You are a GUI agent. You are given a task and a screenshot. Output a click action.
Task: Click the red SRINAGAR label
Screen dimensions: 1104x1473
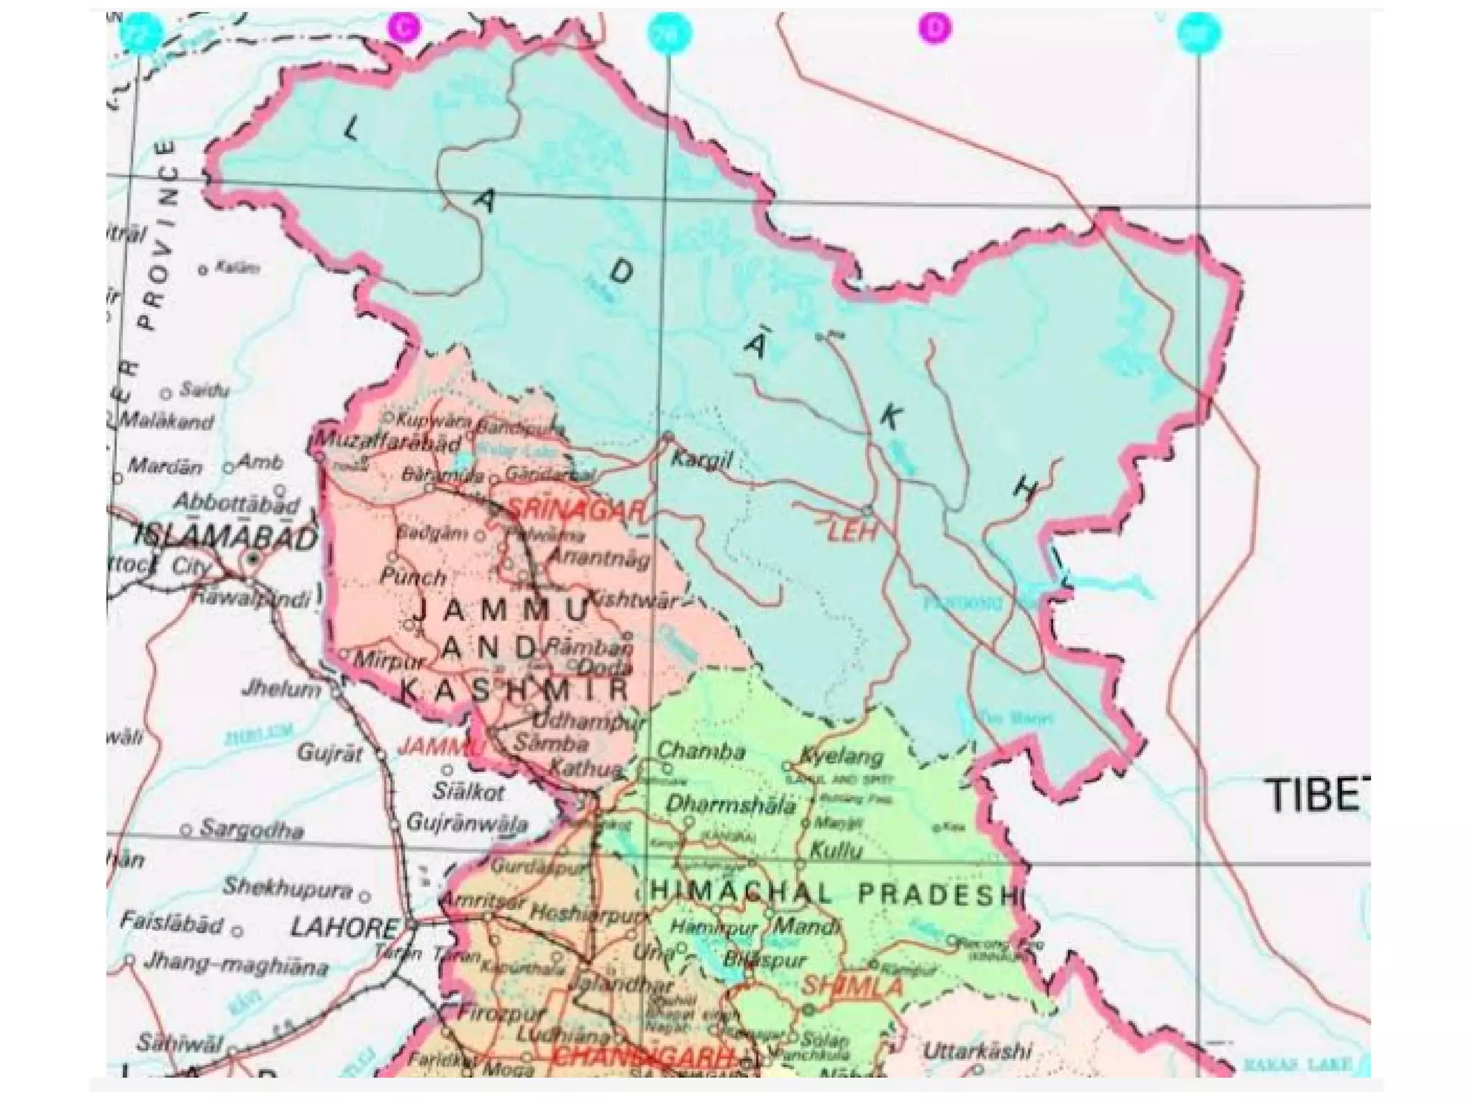click(x=575, y=511)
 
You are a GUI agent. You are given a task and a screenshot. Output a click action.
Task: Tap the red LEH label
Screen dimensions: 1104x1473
click(x=852, y=533)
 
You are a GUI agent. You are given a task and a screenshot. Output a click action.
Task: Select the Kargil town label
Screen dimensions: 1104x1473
click(x=701, y=460)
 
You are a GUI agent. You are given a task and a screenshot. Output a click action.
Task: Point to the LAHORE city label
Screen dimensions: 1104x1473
click(x=344, y=927)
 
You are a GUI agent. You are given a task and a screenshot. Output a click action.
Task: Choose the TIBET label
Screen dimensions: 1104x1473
click(x=1316, y=795)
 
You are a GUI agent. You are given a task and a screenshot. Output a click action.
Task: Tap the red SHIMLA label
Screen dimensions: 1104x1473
click(x=852, y=986)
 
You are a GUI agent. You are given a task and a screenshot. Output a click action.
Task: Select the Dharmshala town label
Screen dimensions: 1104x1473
click(x=730, y=804)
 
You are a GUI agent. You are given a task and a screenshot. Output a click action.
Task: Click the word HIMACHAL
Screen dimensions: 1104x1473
click(x=741, y=893)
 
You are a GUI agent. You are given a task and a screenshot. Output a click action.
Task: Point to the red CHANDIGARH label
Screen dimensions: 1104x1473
click(x=644, y=1057)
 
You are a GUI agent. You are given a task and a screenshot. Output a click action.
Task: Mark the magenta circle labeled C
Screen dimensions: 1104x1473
click(x=404, y=29)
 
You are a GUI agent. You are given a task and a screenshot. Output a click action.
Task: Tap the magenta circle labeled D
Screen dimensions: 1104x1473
click(x=934, y=29)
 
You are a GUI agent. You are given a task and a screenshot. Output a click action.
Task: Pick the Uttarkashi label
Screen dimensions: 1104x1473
click(x=977, y=1051)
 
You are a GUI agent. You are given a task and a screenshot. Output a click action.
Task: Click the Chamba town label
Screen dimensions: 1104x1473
click(x=701, y=752)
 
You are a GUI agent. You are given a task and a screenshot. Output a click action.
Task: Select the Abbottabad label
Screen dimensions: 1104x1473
click(x=237, y=503)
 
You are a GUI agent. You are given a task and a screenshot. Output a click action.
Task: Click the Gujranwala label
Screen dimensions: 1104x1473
click(x=468, y=822)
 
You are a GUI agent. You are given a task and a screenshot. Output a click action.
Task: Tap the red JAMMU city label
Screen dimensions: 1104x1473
click(x=432, y=747)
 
